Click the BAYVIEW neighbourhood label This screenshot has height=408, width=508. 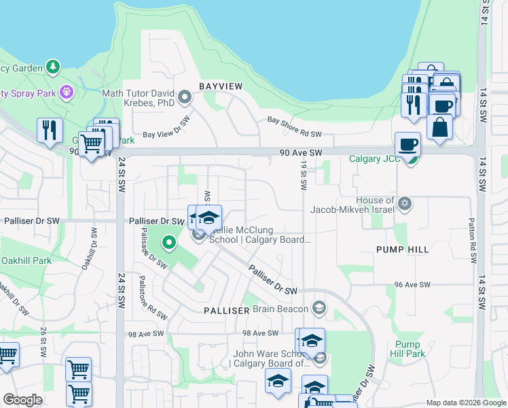(x=220, y=86)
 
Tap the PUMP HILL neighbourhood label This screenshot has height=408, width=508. (x=403, y=250)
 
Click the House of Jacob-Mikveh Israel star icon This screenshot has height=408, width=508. (x=405, y=203)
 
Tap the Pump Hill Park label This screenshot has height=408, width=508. (x=407, y=349)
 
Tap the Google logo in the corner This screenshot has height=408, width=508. (x=23, y=400)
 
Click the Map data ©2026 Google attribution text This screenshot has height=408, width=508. (x=465, y=403)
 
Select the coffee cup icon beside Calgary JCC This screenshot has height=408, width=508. (x=407, y=145)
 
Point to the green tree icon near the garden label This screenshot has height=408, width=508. (x=53, y=67)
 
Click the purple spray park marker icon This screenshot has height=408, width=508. (x=66, y=92)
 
